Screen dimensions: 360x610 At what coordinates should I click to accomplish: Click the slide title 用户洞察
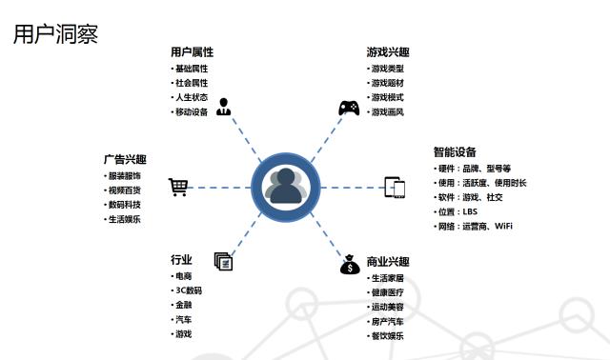click(x=56, y=35)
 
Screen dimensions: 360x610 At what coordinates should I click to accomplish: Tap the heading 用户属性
click(x=192, y=51)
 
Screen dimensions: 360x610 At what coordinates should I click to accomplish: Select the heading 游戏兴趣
click(x=388, y=51)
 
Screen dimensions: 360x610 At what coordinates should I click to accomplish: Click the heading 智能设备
click(x=455, y=152)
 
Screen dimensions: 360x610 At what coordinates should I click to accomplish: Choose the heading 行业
click(x=181, y=260)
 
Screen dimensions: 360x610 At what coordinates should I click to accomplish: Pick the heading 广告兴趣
click(x=125, y=160)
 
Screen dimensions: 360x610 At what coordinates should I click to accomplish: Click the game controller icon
click(x=349, y=108)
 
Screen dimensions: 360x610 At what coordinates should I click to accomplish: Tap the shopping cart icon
click(x=178, y=187)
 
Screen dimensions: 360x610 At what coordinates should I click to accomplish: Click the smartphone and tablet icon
click(x=396, y=187)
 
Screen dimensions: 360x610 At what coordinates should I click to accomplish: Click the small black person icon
click(x=224, y=106)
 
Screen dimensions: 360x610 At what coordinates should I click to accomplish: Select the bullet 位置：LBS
click(x=459, y=211)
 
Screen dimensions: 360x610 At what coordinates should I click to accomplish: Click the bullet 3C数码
click(x=188, y=290)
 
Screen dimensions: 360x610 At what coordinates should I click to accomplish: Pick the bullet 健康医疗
click(x=387, y=292)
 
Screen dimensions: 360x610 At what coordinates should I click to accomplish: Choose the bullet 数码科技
click(x=124, y=205)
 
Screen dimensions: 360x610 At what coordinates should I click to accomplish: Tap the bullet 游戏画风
click(x=387, y=112)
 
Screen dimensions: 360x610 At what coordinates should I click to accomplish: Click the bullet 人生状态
click(x=191, y=98)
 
